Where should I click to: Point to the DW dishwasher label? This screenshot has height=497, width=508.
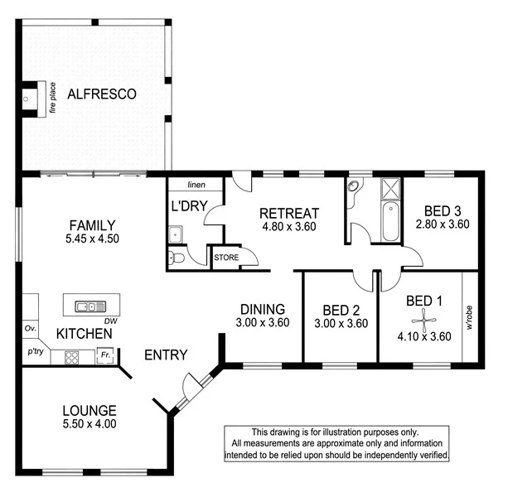click(x=109, y=321)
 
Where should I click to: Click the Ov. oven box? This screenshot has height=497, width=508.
click(x=30, y=329)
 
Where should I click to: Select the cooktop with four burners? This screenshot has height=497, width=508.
click(x=71, y=358)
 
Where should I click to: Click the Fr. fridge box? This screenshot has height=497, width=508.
click(x=104, y=356)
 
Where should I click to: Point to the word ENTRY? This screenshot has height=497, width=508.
click(x=166, y=355)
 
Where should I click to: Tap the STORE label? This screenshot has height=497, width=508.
click(x=226, y=258)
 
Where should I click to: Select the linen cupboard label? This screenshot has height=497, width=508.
click(x=196, y=185)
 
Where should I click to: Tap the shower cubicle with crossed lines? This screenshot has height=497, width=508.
click(x=390, y=190)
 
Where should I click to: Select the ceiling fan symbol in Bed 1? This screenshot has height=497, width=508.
click(x=424, y=318)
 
